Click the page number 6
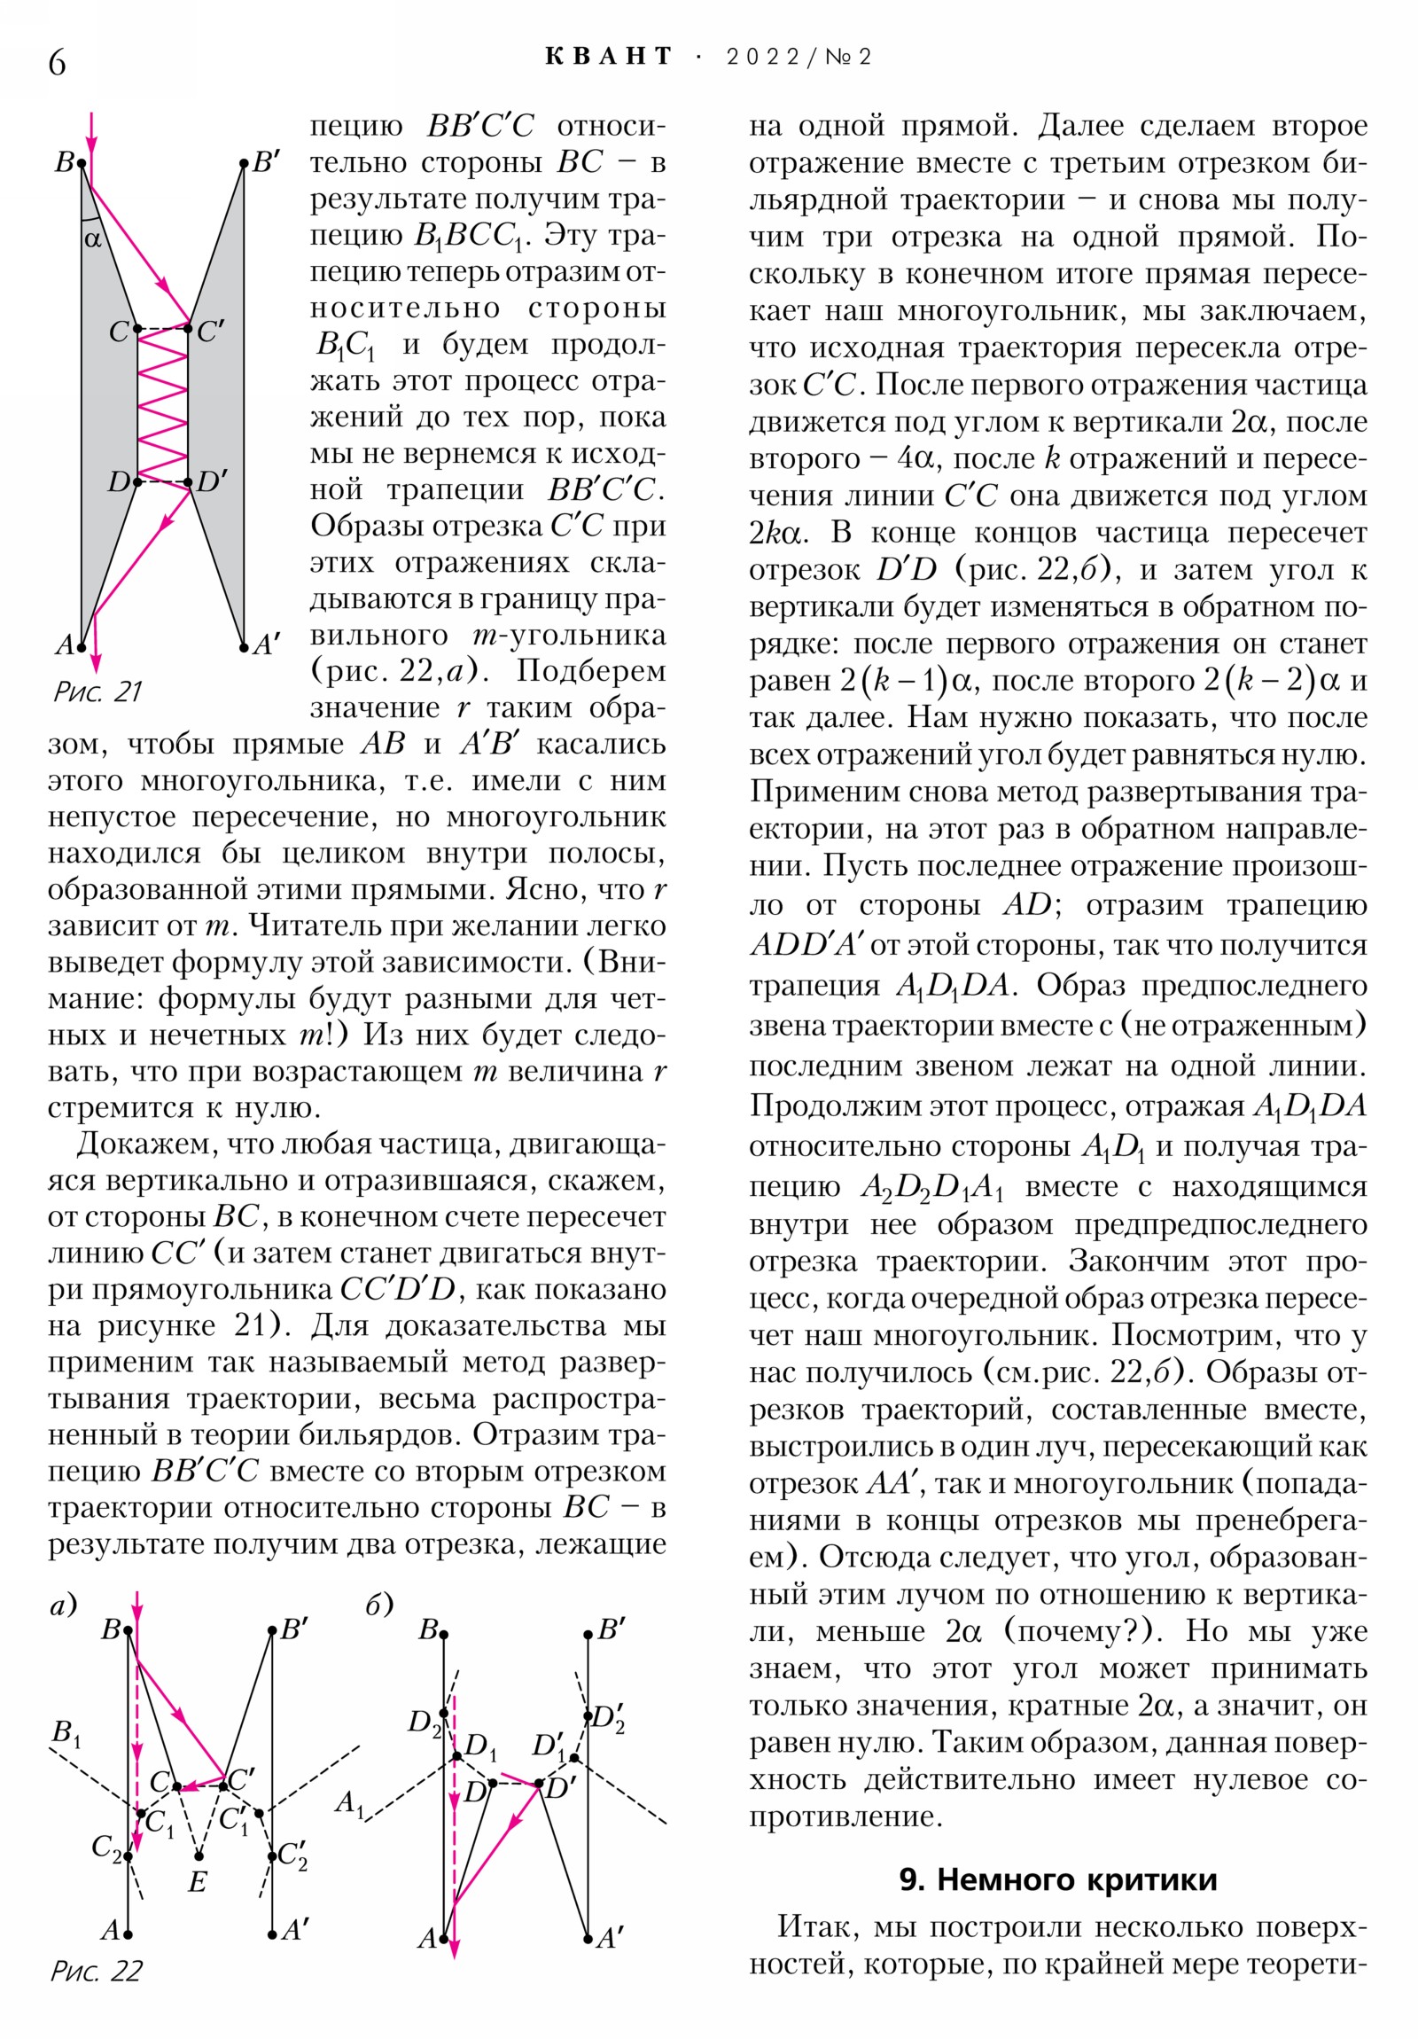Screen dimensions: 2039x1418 57,62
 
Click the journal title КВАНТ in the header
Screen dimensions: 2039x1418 609,57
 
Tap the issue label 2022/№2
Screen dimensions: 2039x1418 799,58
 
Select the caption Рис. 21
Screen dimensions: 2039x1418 97,691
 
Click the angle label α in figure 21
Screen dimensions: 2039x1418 92,238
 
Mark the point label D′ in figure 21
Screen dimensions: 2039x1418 211,482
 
